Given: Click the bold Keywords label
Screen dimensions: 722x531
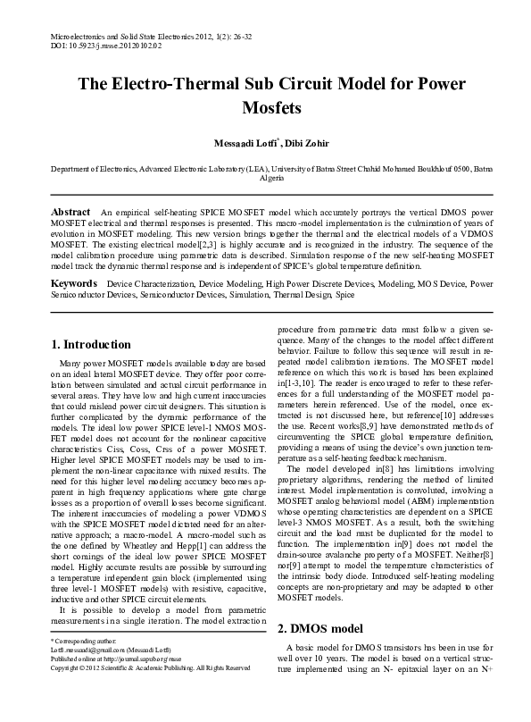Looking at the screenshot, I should (74, 283).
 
